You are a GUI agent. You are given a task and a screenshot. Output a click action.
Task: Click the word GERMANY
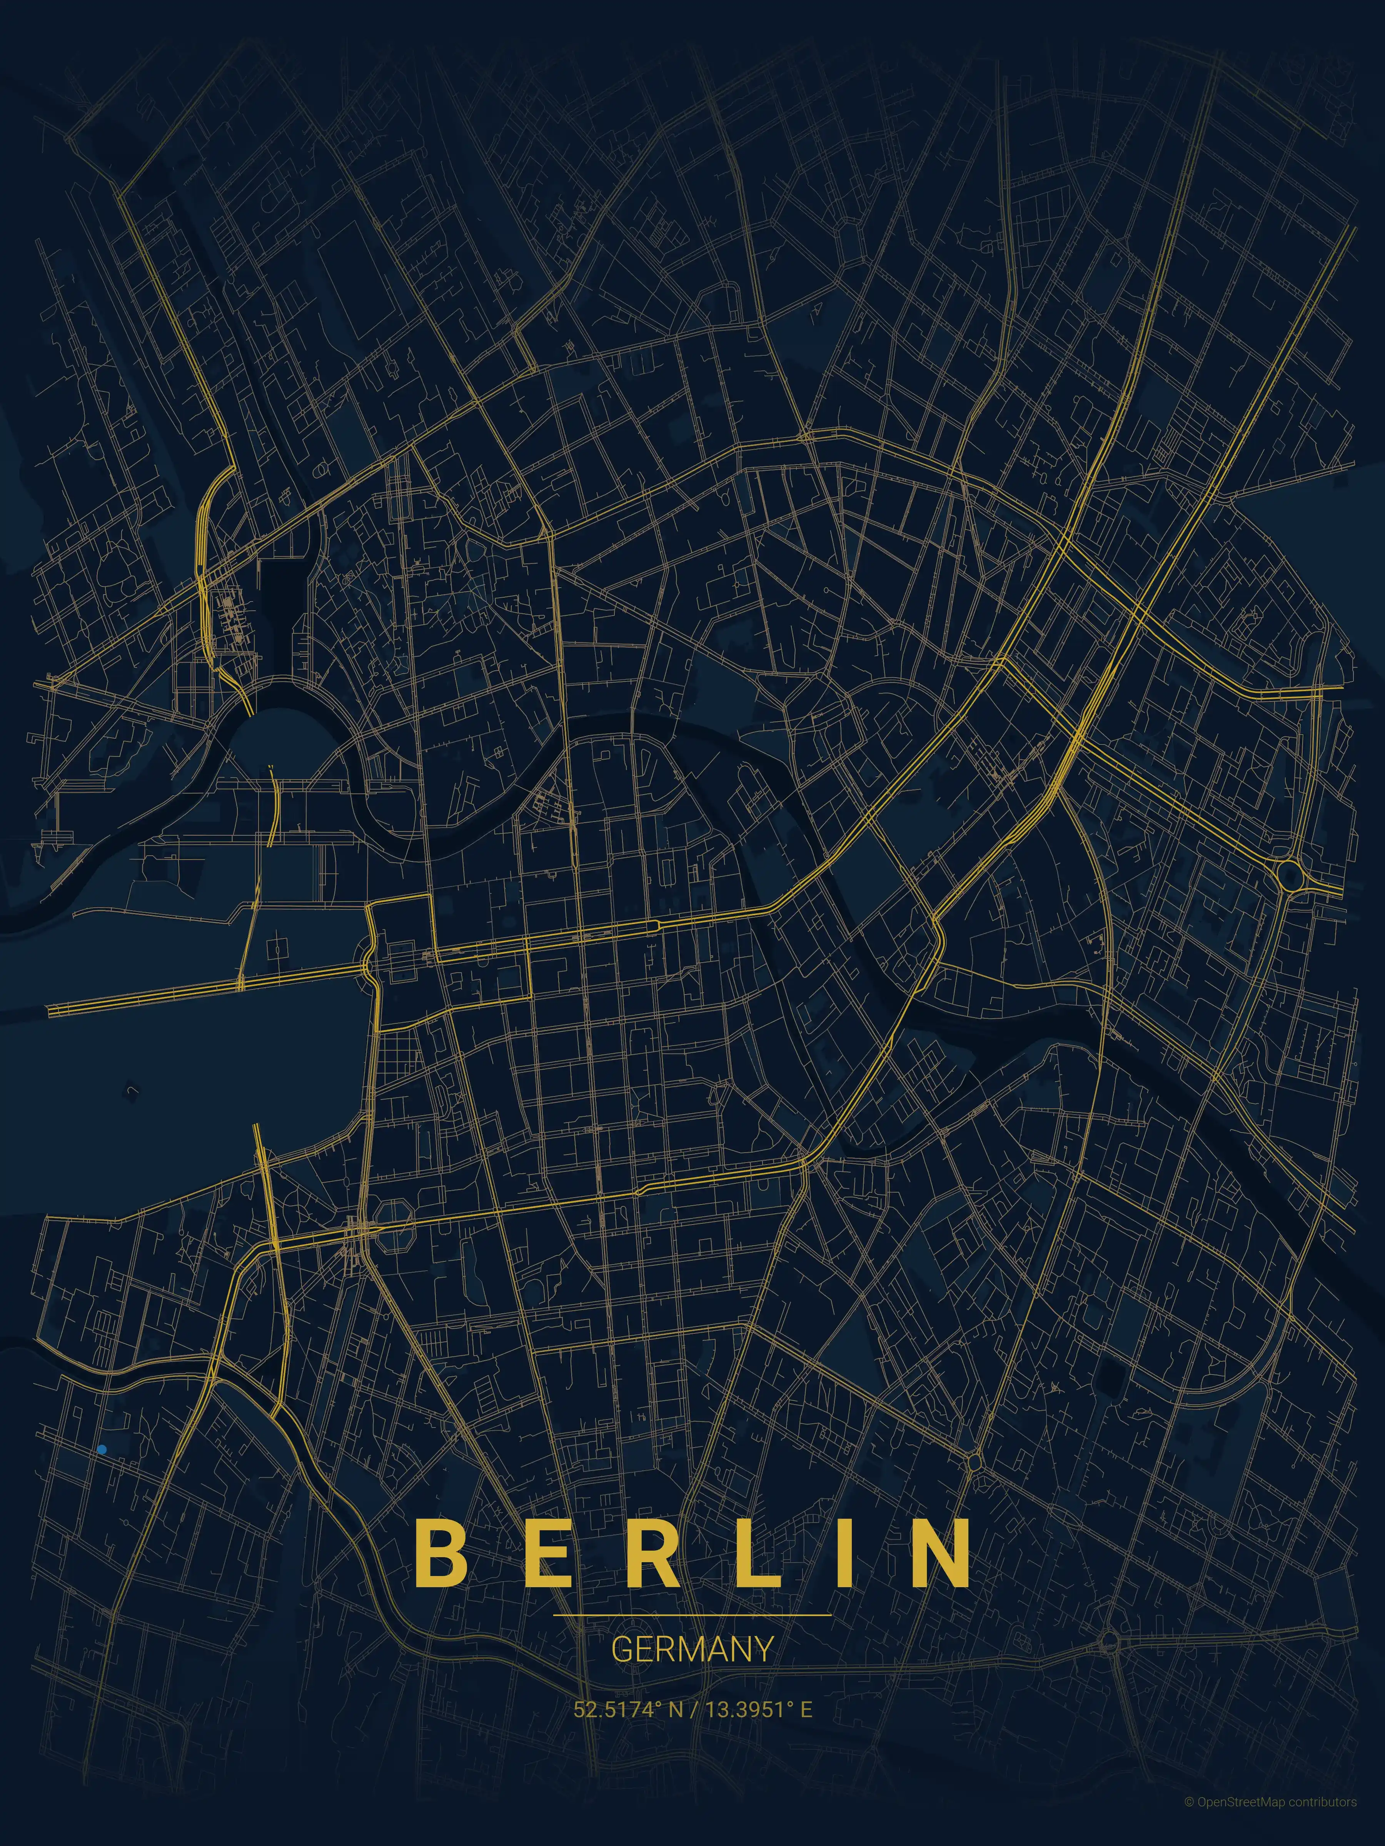pos(692,1648)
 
